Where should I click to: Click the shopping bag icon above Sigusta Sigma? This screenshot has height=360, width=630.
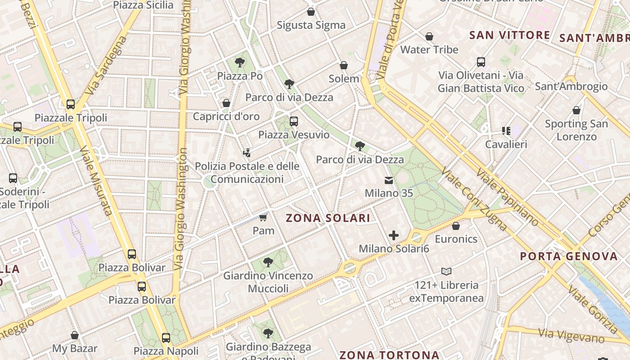point(310,12)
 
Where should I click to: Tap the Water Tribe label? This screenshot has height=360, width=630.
point(429,49)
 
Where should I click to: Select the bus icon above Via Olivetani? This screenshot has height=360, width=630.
point(481,62)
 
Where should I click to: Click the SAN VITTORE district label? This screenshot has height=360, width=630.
point(509,35)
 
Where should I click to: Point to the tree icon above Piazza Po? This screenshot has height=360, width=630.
point(240,63)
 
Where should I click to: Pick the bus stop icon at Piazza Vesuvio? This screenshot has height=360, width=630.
point(293,121)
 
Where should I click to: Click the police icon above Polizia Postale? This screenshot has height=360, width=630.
point(247,153)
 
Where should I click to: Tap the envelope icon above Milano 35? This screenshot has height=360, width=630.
point(388,180)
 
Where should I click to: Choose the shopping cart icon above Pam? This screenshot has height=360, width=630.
point(263,218)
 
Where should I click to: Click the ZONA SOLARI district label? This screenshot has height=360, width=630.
point(328,218)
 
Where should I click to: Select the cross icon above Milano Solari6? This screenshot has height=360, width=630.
point(394,235)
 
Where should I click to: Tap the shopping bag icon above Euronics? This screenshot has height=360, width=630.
point(456,226)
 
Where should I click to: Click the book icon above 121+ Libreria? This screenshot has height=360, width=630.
point(446,271)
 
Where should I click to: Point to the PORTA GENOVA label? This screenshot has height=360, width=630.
point(569,256)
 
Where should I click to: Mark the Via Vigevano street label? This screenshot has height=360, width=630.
point(571,335)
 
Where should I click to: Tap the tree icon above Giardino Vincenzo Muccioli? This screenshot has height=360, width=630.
point(268,262)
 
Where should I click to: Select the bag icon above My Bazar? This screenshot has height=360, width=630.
point(75,335)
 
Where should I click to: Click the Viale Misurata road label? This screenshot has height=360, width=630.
point(94,180)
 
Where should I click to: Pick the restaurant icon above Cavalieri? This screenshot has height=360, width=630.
point(506,131)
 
